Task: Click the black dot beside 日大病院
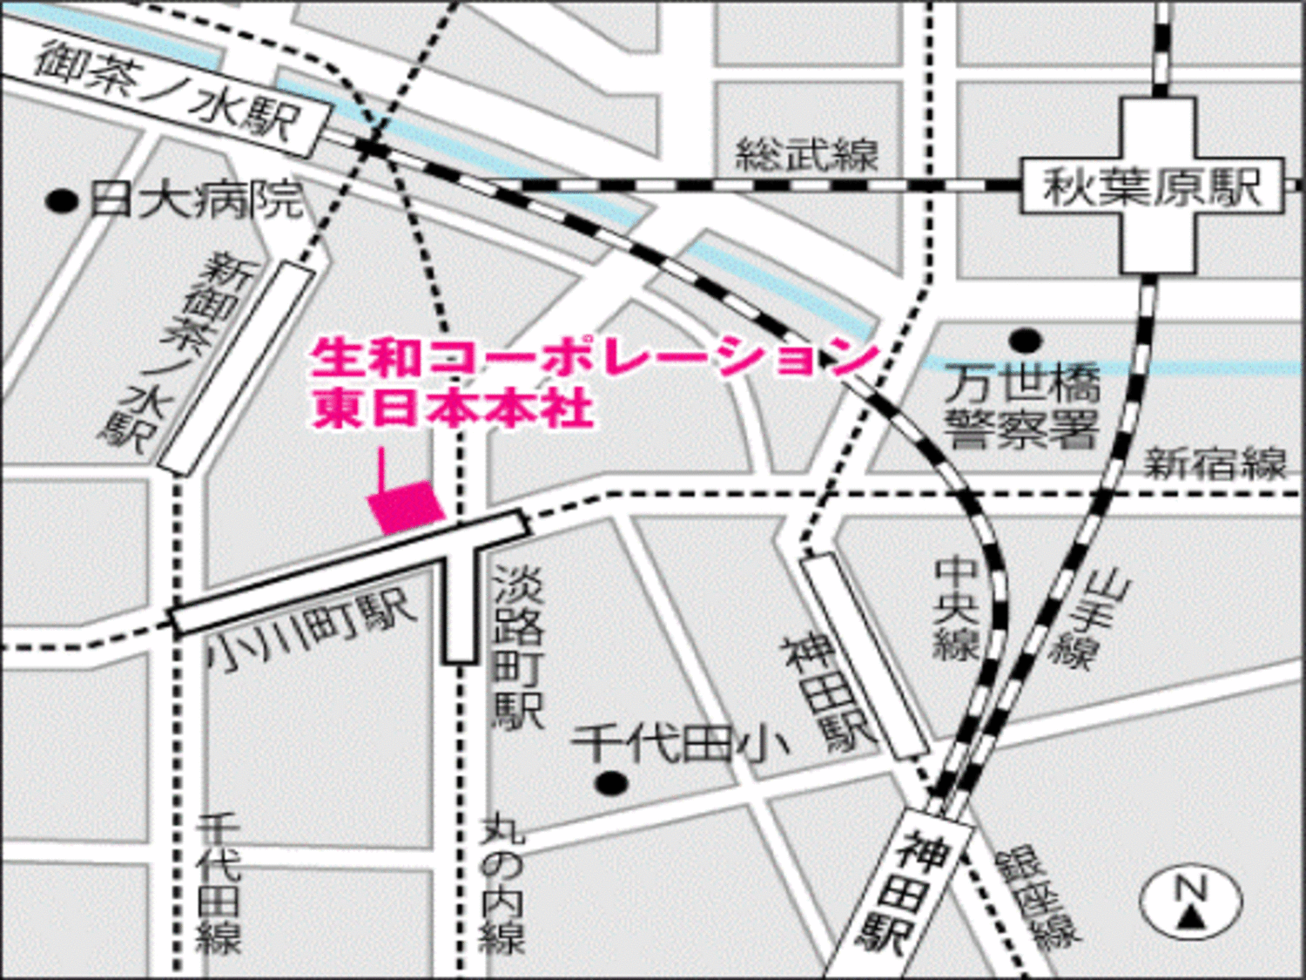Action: [62, 202]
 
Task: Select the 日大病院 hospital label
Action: [197, 200]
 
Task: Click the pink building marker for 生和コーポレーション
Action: [406, 505]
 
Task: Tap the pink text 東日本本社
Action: [453, 408]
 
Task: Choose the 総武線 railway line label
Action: [807, 155]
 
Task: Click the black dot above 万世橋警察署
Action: [1025, 340]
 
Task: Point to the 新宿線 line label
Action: [1215, 463]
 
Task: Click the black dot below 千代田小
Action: [612, 783]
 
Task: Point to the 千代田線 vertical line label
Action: [218, 884]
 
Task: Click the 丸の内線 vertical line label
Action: [504, 884]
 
